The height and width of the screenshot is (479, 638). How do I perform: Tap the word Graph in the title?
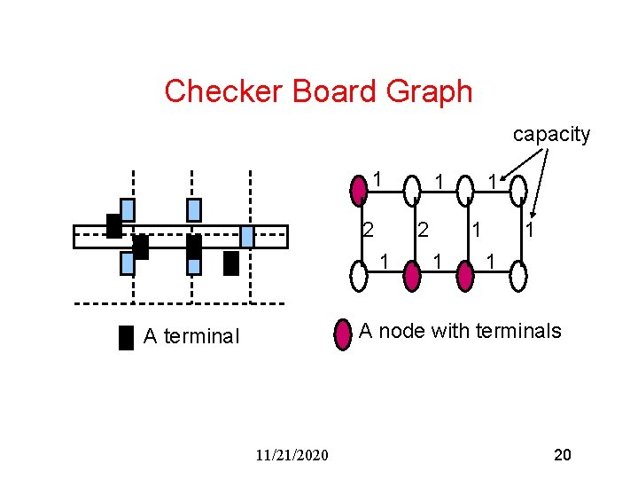430,90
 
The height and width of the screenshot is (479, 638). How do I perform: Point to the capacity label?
551,134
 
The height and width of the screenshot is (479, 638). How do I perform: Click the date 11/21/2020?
291,455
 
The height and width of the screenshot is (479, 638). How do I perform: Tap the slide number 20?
562,455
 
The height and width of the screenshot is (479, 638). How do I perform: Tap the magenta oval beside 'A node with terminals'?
343,334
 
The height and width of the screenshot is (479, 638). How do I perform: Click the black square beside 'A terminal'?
126,338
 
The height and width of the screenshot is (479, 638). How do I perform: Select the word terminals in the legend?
518,331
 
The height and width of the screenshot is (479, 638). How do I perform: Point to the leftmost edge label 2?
368,230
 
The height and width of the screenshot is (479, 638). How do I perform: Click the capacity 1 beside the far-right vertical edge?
529,230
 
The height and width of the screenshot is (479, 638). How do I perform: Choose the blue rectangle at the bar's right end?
247,236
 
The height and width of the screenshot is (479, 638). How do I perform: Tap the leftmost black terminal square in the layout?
113,226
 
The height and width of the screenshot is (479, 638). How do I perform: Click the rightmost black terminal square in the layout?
231,263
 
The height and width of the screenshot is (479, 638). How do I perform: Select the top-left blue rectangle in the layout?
128,209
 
